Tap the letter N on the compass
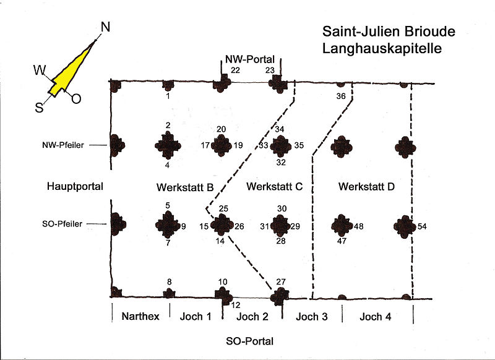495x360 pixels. click(105, 27)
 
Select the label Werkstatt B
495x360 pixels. click(185, 187)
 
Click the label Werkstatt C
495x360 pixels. click(273, 187)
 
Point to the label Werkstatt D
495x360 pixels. click(366, 187)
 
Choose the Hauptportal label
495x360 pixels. click(73, 186)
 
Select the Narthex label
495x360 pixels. click(140, 317)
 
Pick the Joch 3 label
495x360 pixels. click(312, 317)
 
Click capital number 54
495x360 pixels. click(423, 226)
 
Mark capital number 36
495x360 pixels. click(341, 96)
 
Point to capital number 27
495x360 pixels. click(282, 282)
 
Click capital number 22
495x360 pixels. click(235, 71)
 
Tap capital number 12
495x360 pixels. click(236, 305)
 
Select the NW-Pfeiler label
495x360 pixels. click(67, 145)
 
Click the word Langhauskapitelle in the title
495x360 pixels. click(382, 48)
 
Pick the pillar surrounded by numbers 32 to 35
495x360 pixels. click(281, 146)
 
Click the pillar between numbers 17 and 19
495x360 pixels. click(222, 146)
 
